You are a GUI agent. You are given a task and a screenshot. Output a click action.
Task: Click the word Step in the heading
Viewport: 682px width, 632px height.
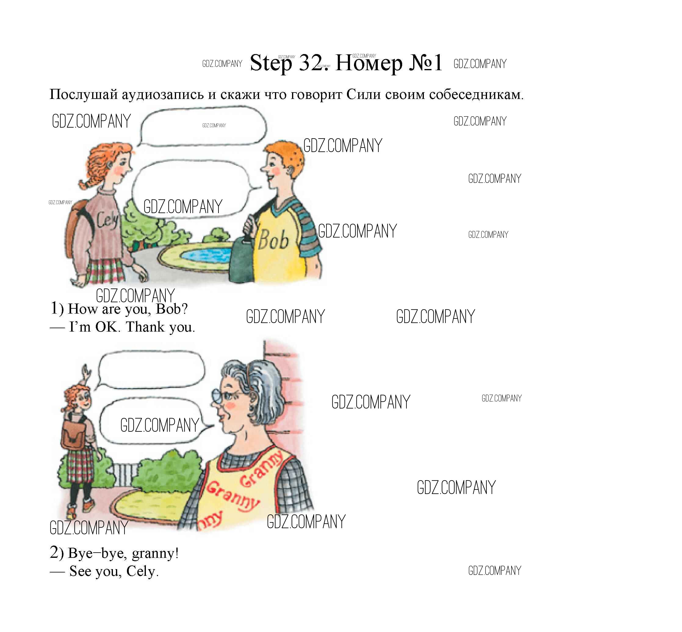271,63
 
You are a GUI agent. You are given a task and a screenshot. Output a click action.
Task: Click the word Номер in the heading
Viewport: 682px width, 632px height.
369,63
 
